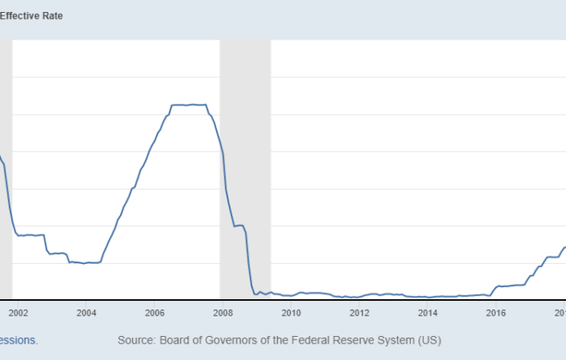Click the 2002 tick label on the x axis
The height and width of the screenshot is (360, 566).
pyautogui.click(x=19, y=313)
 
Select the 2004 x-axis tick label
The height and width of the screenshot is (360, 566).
pyautogui.click(x=87, y=313)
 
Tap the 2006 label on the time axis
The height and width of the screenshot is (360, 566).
pyautogui.click(x=154, y=313)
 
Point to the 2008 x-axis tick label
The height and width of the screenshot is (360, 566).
pyautogui.click(x=222, y=313)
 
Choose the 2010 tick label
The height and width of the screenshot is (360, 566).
pyautogui.click(x=291, y=313)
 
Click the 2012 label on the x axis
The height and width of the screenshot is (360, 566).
pyautogui.click(x=358, y=313)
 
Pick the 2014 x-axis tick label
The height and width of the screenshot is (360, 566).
pyautogui.click(x=427, y=313)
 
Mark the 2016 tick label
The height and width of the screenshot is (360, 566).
pyautogui.click(x=495, y=313)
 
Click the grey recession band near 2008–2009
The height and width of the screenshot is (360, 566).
pyautogui.click(x=245, y=171)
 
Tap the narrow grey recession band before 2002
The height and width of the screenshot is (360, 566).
pyautogui.click(x=5, y=171)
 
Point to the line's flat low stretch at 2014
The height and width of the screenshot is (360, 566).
pyautogui.click(x=427, y=297)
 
